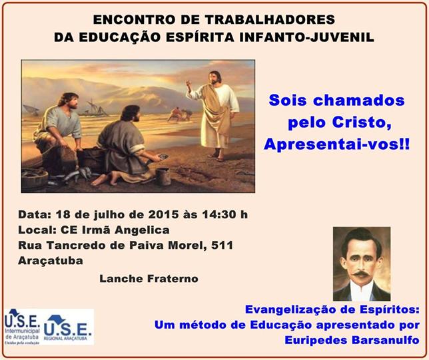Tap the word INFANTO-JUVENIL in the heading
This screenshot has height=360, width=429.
[x=306, y=37]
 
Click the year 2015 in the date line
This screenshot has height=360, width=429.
[x=163, y=214]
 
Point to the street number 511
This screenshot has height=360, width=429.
[x=222, y=245]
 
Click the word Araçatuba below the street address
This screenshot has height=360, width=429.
[x=51, y=261]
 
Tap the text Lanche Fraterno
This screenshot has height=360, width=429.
[x=149, y=279]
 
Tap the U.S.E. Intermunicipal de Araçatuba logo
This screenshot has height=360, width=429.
[x=23, y=326]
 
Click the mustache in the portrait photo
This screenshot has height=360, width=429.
[x=361, y=273]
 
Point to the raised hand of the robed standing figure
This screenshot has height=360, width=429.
[x=189, y=83]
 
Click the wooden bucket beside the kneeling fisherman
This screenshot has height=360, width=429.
[x=163, y=176]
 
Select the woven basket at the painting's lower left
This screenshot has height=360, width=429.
[x=35, y=179]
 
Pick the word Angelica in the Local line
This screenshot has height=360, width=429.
[x=142, y=230]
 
